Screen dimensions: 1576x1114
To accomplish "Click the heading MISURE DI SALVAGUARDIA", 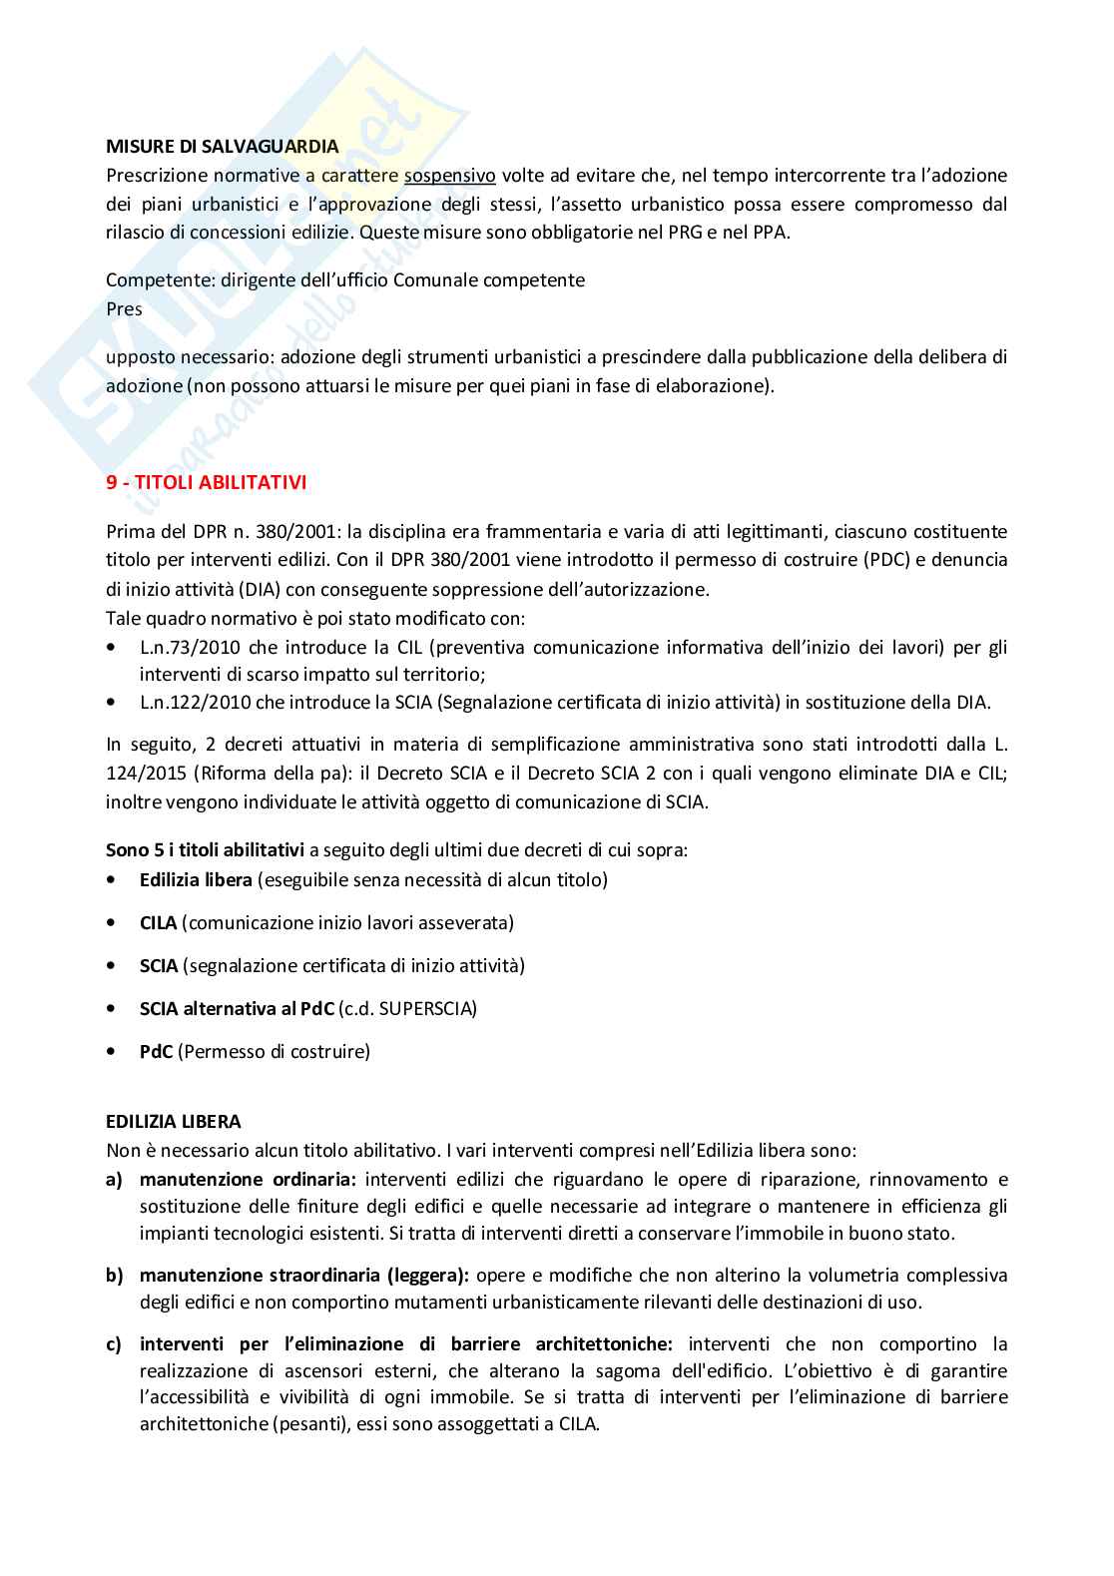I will [222, 147].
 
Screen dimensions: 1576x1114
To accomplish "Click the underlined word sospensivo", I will [449, 176].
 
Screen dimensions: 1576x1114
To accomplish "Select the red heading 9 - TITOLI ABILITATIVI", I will [206, 483].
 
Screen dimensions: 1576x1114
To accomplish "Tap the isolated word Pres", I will [124, 309].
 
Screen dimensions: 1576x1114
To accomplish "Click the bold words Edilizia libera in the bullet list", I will [196, 880].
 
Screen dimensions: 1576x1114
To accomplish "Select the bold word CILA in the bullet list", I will [158, 923].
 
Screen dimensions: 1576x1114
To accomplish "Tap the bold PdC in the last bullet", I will [156, 1052].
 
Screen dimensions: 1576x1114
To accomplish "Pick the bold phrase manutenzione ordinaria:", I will [248, 1180].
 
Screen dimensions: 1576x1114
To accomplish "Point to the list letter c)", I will [114, 1344].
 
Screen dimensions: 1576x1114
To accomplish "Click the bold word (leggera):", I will [427, 1276].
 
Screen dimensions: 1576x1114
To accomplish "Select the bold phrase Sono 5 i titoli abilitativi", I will [205, 851].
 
